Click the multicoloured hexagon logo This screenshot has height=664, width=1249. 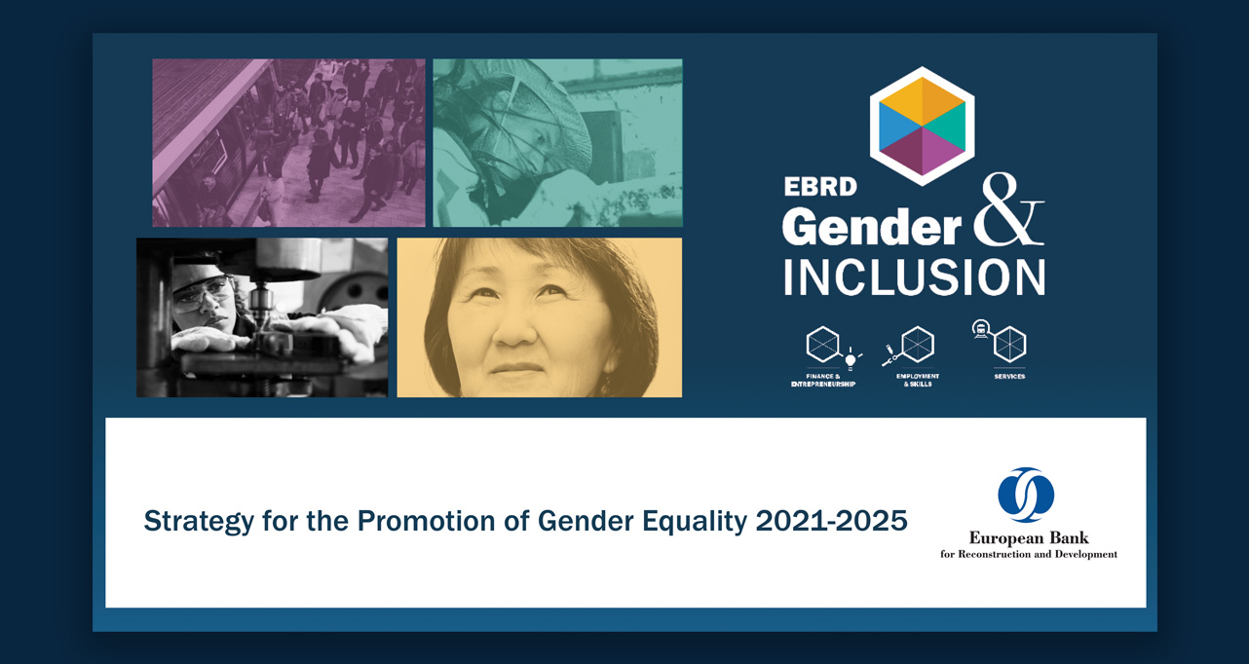pos(922,126)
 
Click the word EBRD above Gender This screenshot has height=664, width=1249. pos(820,188)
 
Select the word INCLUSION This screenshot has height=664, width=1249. pos(914,277)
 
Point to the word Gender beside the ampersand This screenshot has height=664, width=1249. pos(871,227)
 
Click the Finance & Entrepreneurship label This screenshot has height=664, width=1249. pos(823,380)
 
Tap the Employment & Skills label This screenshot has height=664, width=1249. pos(918,380)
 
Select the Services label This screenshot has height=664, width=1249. pos(1009,376)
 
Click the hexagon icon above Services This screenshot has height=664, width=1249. pos(1009,344)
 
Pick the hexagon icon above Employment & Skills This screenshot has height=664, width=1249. pos(918,345)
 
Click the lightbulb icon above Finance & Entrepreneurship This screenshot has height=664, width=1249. pos(851,360)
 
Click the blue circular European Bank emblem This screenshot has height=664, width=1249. pos(1026,495)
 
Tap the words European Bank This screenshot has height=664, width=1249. pos(1029,537)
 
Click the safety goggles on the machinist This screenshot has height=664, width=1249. pos(203,291)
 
